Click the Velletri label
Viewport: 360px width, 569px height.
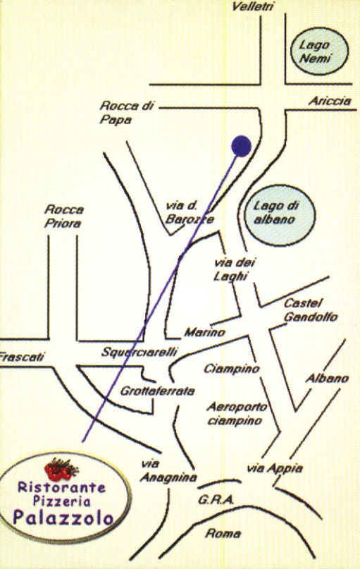tap(253, 7)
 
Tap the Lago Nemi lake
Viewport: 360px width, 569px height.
tap(319, 51)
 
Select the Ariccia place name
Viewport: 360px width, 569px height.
tap(330, 101)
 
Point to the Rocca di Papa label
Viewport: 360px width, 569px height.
tap(127, 113)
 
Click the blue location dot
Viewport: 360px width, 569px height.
tap(241, 146)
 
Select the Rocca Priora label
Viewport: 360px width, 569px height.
tap(64, 216)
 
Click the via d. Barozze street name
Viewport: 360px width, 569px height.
tap(190, 213)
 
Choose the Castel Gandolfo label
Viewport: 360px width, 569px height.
tap(310, 310)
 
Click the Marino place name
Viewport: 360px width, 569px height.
tap(205, 332)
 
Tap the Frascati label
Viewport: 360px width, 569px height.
tap(22, 356)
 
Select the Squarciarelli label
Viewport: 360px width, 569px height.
tap(139, 352)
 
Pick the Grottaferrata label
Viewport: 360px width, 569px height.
tap(157, 391)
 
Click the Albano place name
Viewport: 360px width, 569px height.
tap(327, 379)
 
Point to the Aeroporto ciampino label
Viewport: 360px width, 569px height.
tap(237, 414)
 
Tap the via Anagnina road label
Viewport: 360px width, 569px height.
tap(168, 471)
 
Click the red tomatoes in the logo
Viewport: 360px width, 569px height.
tap(60, 469)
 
